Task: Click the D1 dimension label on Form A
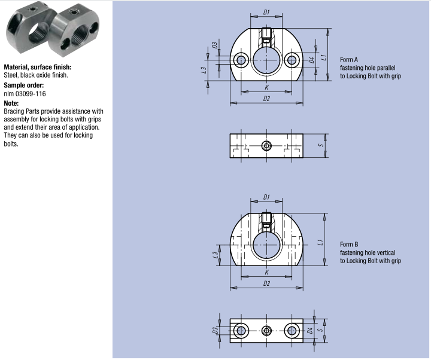click(266, 11)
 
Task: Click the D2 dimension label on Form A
click(266, 99)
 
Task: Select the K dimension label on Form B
click(266, 272)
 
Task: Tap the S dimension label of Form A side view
click(320, 145)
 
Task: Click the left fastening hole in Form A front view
click(241, 60)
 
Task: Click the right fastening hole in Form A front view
click(292, 60)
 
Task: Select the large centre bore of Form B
click(266, 245)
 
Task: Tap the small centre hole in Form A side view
click(266, 145)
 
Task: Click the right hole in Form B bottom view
click(292, 330)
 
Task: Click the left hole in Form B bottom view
click(241, 330)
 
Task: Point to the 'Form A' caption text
click(348, 60)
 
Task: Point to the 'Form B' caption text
click(348, 245)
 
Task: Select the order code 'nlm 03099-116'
click(25, 94)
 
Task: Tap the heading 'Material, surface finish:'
click(38, 67)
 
